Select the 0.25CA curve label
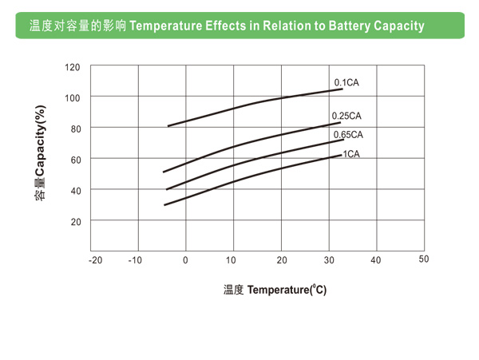tap(347, 116)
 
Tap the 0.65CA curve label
tap(348, 134)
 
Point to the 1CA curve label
tap(351, 153)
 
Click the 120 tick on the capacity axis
tap(73, 67)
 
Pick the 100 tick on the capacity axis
tap(73, 97)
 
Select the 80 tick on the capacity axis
tap(75, 129)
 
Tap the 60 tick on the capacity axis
tap(75, 160)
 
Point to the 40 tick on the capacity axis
tap(75, 190)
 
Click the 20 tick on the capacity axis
tap(75, 221)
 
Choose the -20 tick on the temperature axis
tap(96, 260)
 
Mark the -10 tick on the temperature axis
tap(135, 260)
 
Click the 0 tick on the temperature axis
tap(186, 260)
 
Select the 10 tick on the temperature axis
tap(232, 260)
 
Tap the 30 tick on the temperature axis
tap(329, 260)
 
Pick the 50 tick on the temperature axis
tap(424, 259)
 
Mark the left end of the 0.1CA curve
tap(168, 125)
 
